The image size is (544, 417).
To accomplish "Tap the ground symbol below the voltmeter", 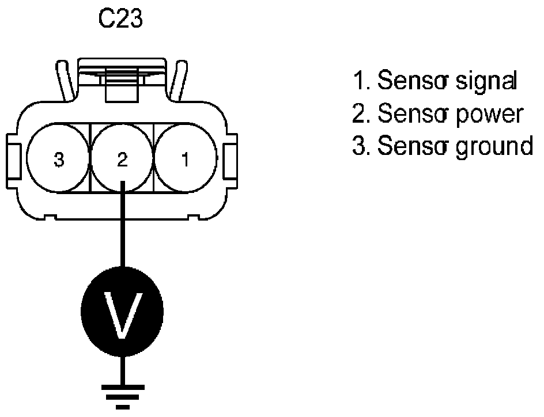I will (122, 397).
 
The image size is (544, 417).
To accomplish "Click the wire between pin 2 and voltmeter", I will (122, 230).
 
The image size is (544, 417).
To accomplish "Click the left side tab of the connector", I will (14, 160).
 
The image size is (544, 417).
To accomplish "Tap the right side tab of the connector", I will (229, 160).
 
